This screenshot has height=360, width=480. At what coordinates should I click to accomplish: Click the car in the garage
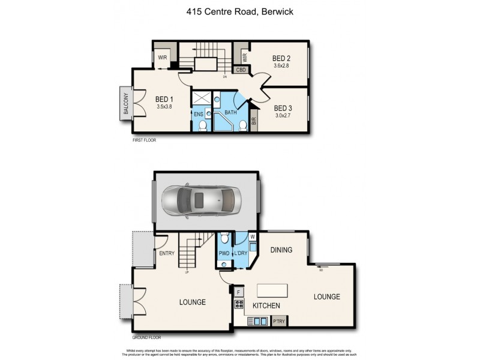click(204, 200)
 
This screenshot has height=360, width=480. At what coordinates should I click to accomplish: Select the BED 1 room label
click(164, 100)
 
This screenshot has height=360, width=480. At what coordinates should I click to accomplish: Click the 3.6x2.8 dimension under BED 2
click(281, 66)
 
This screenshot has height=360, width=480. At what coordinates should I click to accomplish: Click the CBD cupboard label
click(242, 70)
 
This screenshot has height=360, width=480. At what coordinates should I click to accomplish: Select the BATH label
click(231, 112)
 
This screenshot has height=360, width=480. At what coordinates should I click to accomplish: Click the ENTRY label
click(167, 253)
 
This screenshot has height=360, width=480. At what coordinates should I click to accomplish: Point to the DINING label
click(281, 250)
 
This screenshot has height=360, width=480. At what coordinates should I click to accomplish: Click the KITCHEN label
click(266, 306)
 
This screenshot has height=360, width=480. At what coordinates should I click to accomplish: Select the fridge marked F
click(239, 292)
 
